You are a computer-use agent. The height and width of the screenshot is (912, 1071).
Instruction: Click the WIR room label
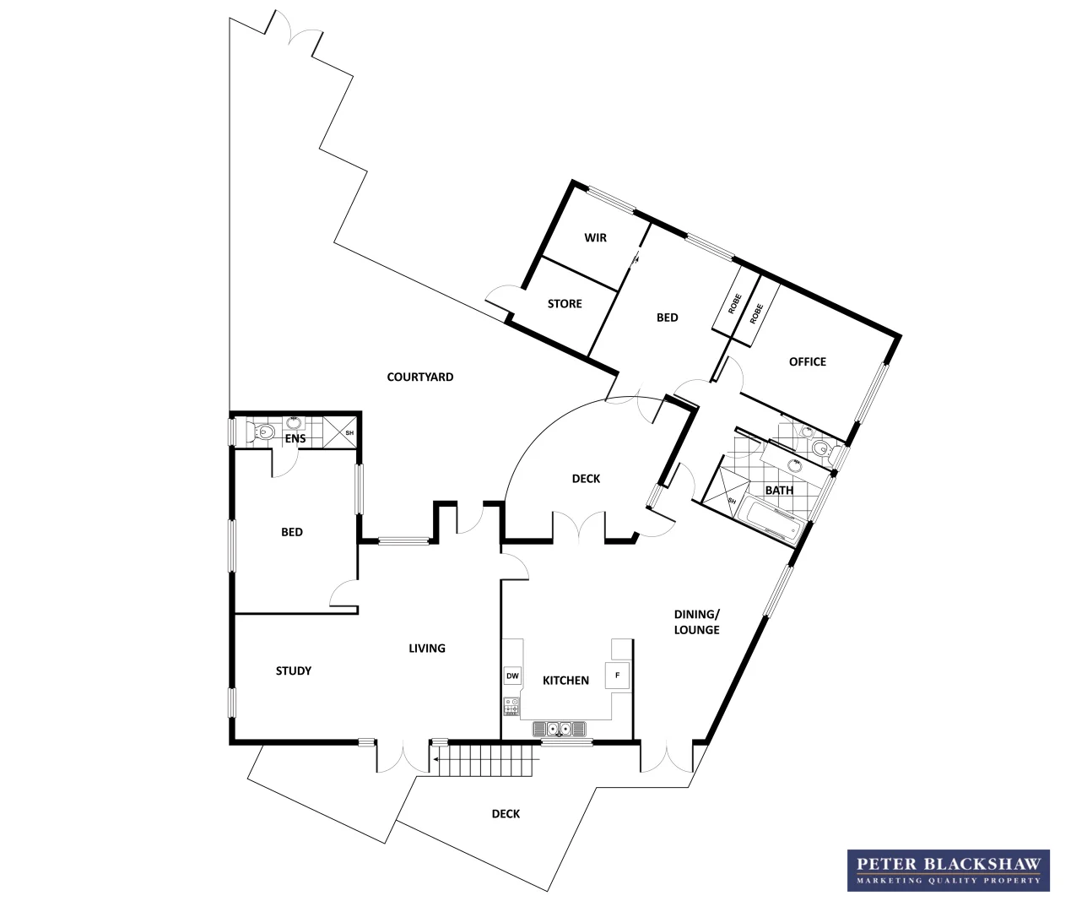pos(595,238)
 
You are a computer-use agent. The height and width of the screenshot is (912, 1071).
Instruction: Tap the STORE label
pos(565,304)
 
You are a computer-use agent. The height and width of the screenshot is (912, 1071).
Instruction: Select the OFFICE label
pos(807,361)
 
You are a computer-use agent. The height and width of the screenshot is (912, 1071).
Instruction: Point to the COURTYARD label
pos(419,377)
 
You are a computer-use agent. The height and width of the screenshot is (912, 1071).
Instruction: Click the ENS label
pos(295,439)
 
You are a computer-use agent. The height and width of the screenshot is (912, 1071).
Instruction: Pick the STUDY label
pos(294,671)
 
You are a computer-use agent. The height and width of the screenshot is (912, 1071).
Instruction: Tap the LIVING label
pos(426,649)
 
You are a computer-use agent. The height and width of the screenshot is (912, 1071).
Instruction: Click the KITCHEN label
pos(565,681)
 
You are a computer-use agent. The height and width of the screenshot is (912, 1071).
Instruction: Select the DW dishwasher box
pos(512,676)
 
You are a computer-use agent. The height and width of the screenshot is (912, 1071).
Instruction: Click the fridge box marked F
pos(618,676)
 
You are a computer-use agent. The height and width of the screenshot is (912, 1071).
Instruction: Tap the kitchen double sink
pos(559,729)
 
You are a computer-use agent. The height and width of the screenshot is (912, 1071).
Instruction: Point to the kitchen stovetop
pos(511,706)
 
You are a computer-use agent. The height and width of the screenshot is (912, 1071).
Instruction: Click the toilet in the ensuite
pos(263,433)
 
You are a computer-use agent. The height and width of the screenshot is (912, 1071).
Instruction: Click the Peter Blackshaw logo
pos(948,870)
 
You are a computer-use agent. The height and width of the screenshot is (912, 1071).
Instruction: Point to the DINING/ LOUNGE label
pos(696,622)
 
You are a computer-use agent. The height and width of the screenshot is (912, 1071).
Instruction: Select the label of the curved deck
pos(586,479)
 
